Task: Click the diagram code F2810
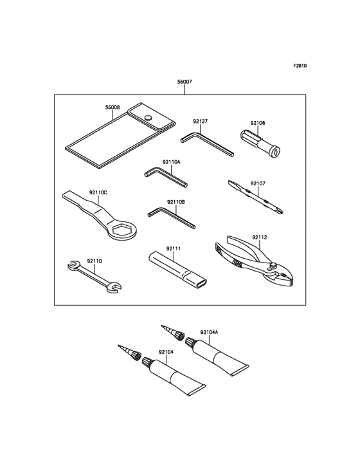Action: (x=300, y=66)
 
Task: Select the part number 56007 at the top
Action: (x=184, y=82)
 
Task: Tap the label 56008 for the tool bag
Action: (x=113, y=107)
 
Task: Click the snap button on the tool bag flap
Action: (x=148, y=118)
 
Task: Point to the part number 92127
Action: (x=201, y=120)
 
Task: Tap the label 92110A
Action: (x=172, y=162)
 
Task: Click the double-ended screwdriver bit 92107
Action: (x=256, y=198)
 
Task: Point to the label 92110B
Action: (x=176, y=202)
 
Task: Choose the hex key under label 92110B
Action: (x=171, y=217)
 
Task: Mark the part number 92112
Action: (x=259, y=237)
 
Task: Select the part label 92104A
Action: (x=209, y=332)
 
